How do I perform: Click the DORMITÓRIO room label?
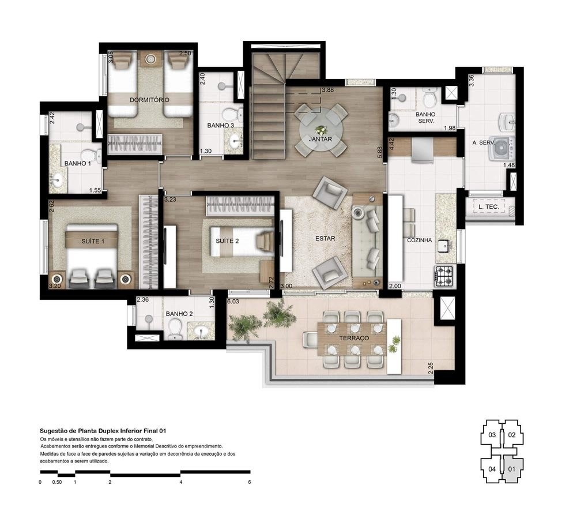pyautogui.click(x=149, y=100)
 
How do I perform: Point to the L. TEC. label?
pyautogui.click(x=484, y=206)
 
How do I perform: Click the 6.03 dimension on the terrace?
pyautogui.click(x=233, y=300)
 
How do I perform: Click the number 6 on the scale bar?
pyautogui.click(x=249, y=482)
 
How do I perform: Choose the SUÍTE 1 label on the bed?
pyautogui.click(x=93, y=241)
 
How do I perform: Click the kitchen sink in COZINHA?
pyautogui.click(x=443, y=246)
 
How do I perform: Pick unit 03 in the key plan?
pyautogui.click(x=492, y=435)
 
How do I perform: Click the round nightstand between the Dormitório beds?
pyautogui.click(x=151, y=59)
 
